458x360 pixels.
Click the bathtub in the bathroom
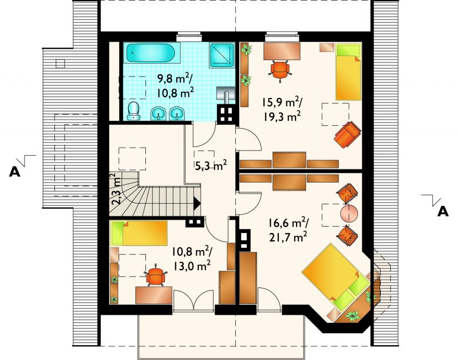click(x=149, y=53)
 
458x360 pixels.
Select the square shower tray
click(x=222, y=56)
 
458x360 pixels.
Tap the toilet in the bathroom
click(x=134, y=111)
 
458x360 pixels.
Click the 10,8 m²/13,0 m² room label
click(x=192, y=258)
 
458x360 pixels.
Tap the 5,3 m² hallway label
click(x=211, y=165)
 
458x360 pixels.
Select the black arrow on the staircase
click(x=197, y=203)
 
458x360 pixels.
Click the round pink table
click(x=349, y=213)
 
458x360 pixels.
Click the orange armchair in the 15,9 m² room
click(x=348, y=134)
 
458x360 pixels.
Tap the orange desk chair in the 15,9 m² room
click(x=281, y=69)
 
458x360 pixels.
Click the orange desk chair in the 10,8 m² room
click(x=156, y=275)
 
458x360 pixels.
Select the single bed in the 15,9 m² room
click(x=348, y=72)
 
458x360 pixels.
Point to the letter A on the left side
click(x=15, y=172)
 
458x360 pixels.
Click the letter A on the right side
click(x=443, y=211)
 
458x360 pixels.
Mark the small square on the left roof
click(x=60, y=64)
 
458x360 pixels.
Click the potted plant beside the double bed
click(x=353, y=315)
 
